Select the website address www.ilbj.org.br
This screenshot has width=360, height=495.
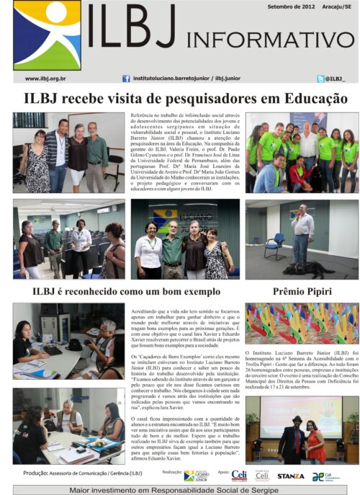46,79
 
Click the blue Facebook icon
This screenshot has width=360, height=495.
126,79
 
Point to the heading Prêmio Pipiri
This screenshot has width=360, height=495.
302,291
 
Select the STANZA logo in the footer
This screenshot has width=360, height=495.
290,476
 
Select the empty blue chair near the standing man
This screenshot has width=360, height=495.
275,246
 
